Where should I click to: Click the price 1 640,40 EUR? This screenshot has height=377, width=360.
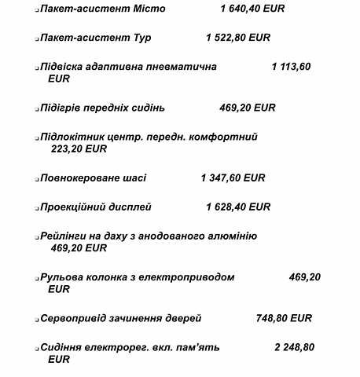(253, 10)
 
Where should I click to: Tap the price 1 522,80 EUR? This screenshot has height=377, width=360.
(238, 38)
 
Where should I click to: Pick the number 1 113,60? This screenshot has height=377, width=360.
(291, 67)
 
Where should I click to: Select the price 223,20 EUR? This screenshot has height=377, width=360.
(79, 148)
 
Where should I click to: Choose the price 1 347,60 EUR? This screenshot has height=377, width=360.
(233, 178)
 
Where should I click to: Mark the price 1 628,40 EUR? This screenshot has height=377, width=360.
(238, 207)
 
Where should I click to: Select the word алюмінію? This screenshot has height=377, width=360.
(229, 236)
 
